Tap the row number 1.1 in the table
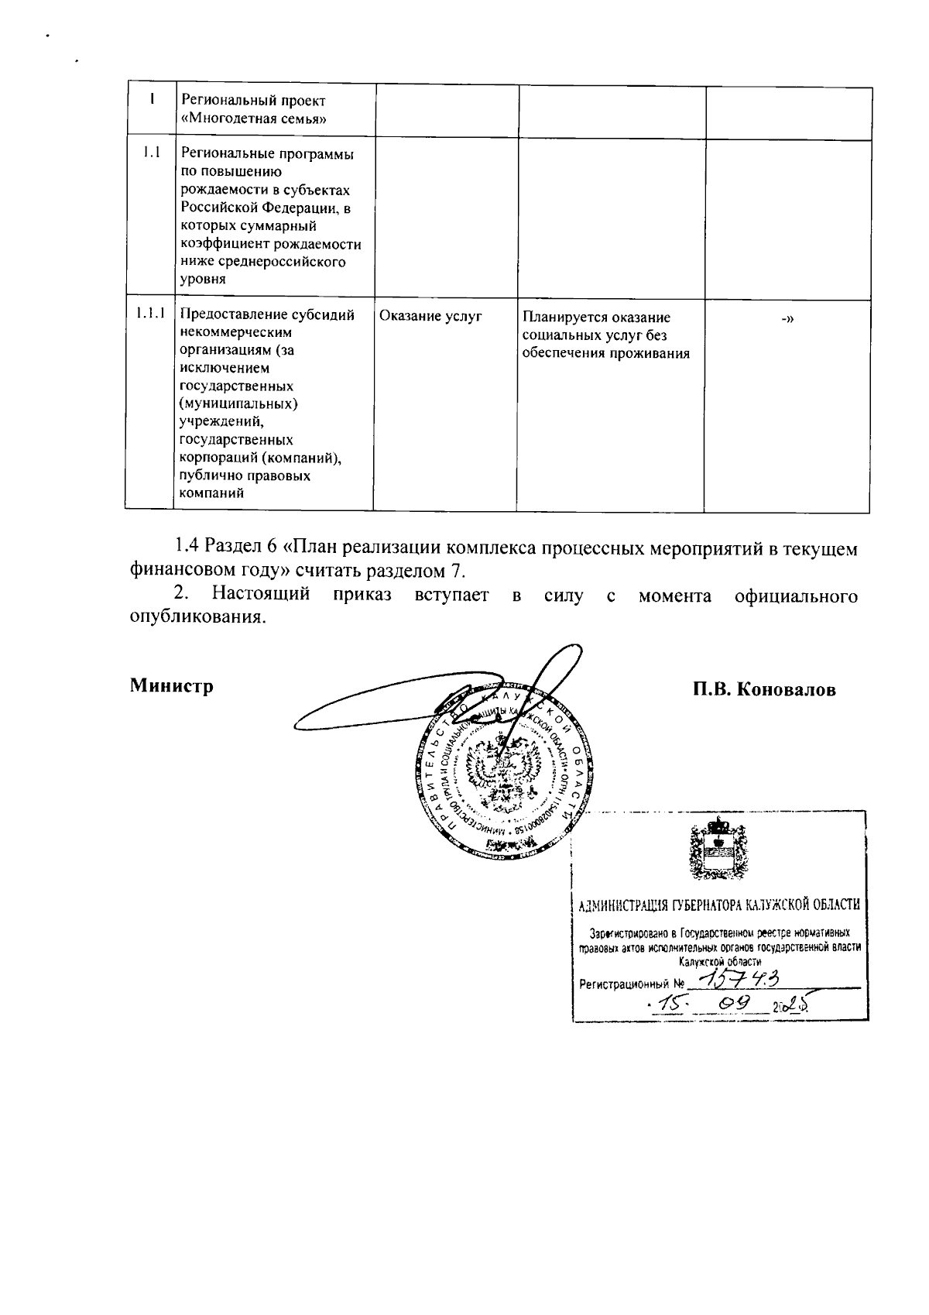click(x=151, y=153)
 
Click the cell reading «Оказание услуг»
click(x=430, y=316)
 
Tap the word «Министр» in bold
click(x=172, y=686)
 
